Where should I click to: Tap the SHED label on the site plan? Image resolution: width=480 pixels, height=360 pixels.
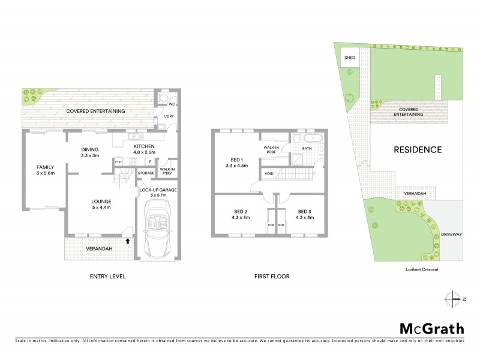(x=349, y=58)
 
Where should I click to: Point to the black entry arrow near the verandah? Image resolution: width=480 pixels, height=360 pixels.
(x=128, y=241)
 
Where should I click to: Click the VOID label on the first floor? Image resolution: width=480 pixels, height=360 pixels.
(x=269, y=175)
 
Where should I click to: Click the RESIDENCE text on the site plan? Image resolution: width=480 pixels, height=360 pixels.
(x=418, y=149)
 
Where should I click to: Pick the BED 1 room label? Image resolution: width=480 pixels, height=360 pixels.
(x=236, y=160)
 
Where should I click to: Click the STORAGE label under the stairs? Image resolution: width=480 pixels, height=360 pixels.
(x=146, y=173)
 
